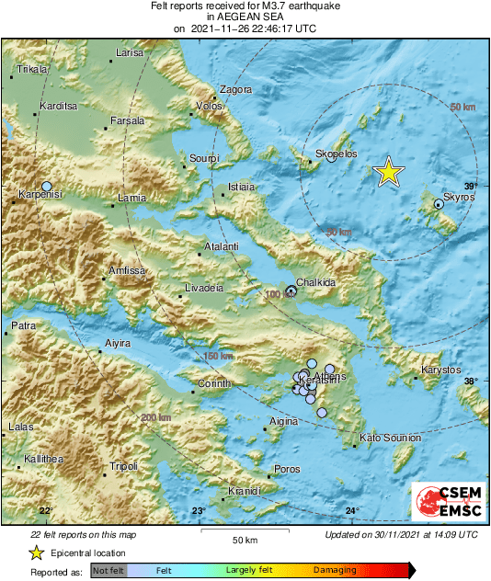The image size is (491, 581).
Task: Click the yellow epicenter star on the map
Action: pyautogui.click(x=389, y=172)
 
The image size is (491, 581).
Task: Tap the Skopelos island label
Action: pyautogui.click(x=336, y=154)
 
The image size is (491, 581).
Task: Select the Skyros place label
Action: pyautogui.click(x=458, y=197)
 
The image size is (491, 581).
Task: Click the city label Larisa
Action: pyautogui.click(x=130, y=53)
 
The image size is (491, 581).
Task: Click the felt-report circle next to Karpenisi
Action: pyautogui.click(x=47, y=187)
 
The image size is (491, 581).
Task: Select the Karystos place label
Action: pyautogui.click(x=440, y=370)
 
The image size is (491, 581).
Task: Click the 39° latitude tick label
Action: pyautogui.click(x=471, y=186)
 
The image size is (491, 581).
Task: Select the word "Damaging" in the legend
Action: pyautogui.click(x=335, y=571)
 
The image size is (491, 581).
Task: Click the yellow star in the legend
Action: pyautogui.click(x=36, y=553)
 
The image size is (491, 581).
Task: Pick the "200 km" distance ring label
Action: pyautogui.click(x=156, y=418)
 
